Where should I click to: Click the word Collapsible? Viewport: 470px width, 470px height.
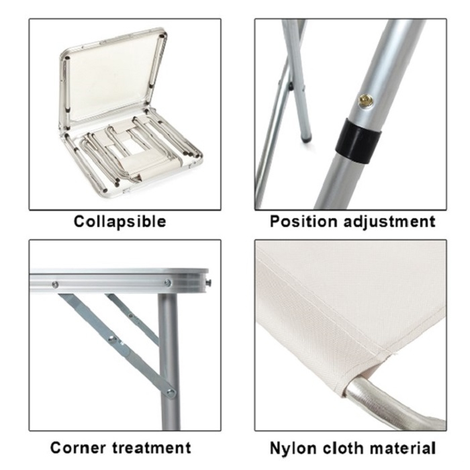[120, 222]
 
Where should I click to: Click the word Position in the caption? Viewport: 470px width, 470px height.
[303, 222]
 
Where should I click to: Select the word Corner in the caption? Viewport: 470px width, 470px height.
[79, 448]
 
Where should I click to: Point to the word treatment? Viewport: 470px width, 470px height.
[152, 448]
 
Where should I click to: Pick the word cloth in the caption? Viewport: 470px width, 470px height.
[343, 448]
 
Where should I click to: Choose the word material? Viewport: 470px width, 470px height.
[402, 448]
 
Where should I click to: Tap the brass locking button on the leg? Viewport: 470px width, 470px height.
[367, 100]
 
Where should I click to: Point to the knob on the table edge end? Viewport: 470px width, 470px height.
[209, 282]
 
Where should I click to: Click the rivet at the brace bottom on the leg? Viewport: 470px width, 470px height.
[171, 392]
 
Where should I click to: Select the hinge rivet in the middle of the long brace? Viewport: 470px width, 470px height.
[113, 339]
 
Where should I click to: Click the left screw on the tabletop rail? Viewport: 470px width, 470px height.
[55, 285]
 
